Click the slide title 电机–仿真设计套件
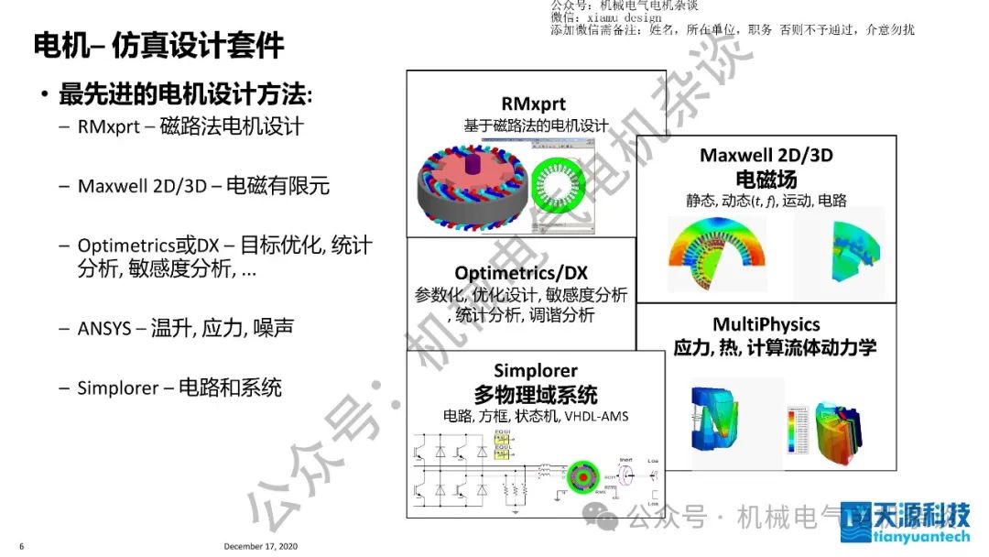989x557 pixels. tap(158, 45)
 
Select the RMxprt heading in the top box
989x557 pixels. tap(534, 104)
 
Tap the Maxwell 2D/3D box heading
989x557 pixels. tap(766, 155)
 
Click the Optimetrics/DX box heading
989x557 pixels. tap(521, 272)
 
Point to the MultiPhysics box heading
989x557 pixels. tap(766, 324)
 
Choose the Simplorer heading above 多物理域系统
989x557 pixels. tap(536, 371)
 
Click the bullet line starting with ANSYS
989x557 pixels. tap(185, 328)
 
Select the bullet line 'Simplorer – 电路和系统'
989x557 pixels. tap(179, 388)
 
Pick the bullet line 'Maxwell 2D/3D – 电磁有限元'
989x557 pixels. tap(203, 186)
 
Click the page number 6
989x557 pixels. tap(21, 547)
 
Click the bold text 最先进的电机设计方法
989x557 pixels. tap(183, 94)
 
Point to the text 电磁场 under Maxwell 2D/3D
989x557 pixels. tap(766, 179)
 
